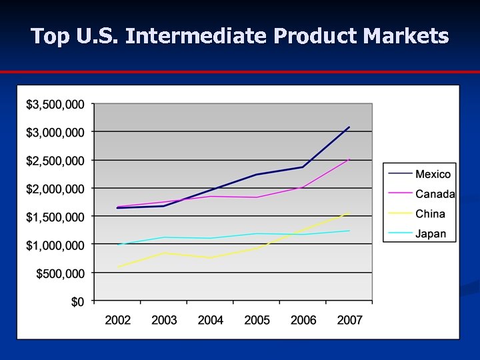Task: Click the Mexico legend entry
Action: coord(433,174)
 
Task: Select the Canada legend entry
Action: coord(435,194)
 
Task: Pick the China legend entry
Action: coord(430,214)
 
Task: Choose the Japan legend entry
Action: coord(431,234)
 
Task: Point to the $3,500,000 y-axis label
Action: coord(55,105)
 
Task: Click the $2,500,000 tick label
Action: coord(55,161)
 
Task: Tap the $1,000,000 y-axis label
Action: coord(55,245)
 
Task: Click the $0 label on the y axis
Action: coord(77,301)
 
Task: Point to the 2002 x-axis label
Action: coord(118,320)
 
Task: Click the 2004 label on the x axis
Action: coord(211,320)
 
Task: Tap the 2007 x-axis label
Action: coord(349,320)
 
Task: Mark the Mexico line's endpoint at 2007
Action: coord(349,127)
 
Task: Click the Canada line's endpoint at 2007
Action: coord(349,159)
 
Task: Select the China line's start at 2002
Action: coord(118,267)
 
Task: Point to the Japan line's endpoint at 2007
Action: coord(349,231)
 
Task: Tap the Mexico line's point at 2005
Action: coord(257,175)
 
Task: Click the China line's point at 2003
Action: coord(164,253)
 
